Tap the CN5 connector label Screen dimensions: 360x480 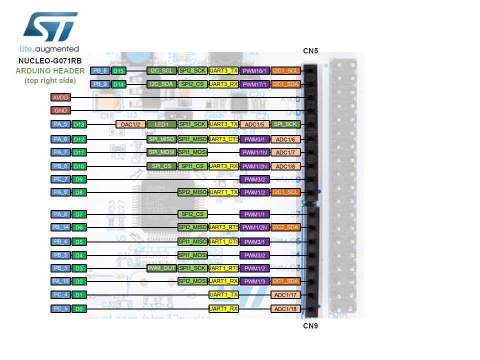(310, 50)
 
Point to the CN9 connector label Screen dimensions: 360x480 (310, 325)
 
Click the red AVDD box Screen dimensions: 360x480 (60, 97)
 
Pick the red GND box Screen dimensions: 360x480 (60, 110)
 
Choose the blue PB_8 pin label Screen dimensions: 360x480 (100, 70)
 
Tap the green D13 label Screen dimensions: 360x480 (78, 124)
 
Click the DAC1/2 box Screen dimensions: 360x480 (131, 124)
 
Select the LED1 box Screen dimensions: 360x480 (161, 124)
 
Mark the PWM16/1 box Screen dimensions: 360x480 (255, 70)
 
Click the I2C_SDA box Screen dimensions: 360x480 (161, 84)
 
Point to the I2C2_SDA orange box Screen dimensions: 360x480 (286, 227)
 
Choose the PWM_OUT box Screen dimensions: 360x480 (161, 268)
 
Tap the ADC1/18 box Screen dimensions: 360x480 (286, 309)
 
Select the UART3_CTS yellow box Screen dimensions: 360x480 (223, 138)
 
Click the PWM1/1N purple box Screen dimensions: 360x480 (255, 152)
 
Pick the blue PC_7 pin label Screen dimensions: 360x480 (60, 179)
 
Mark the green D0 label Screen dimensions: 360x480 (78, 309)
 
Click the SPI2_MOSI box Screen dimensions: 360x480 (192, 281)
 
